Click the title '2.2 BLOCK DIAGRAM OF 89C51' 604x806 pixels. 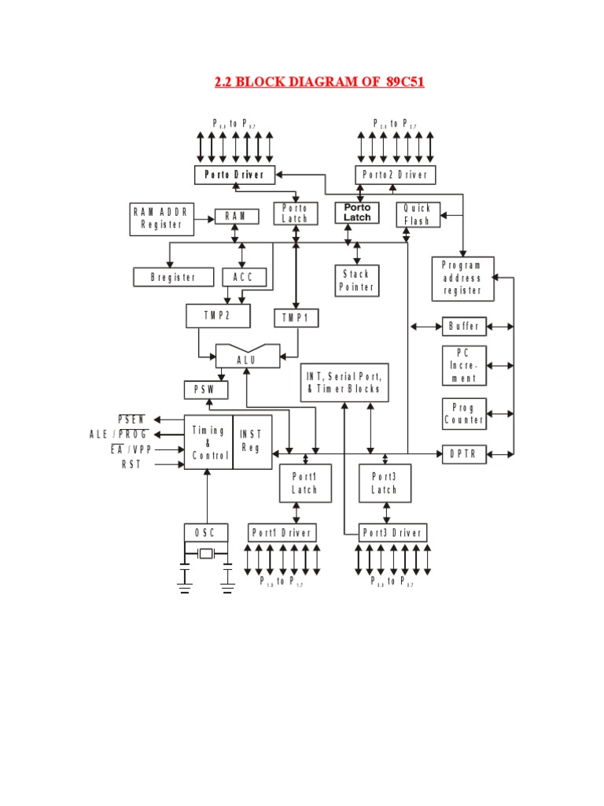pos(319,82)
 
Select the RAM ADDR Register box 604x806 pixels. pos(161,219)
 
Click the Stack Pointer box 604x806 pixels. pos(357,281)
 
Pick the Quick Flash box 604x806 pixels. pos(418,215)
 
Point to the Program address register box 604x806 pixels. pos(462,279)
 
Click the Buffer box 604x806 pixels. pos(464,326)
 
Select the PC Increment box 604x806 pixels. pos(464,365)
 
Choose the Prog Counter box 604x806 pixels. pos(464,413)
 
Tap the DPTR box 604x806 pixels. pos(464,454)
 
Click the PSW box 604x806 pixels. pos(205,390)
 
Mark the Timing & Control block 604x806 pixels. pos(208,442)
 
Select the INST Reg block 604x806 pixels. pos(252,442)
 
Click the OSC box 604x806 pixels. pos(206,533)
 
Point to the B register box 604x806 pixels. pos(172,277)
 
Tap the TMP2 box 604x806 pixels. pos(218,316)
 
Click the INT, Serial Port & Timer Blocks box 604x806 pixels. pos(344,383)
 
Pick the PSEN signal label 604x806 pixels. pos(131,419)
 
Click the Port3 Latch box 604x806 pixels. pos(385,483)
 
